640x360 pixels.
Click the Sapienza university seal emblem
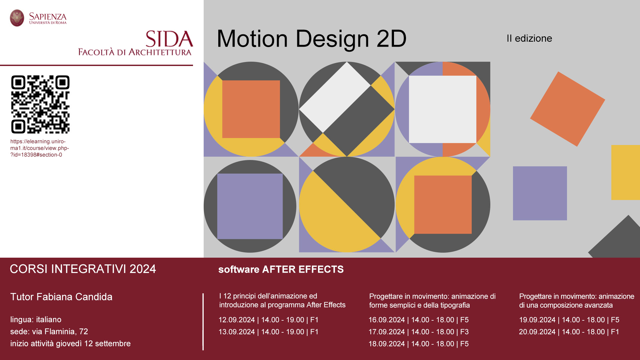[x=17, y=18]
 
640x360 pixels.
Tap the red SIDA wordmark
[x=169, y=39]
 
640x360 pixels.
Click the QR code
[x=40, y=104]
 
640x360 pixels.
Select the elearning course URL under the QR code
[x=40, y=148]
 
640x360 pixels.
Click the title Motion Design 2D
[x=312, y=39]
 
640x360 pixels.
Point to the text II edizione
[x=529, y=38]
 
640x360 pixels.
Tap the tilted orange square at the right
[x=568, y=109]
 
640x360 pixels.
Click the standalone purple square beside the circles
[x=540, y=193]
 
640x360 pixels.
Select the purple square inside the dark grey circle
[x=250, y=206]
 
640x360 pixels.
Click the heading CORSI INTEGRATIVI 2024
[x=83, y=269]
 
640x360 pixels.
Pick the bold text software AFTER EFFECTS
[x=281, y=269]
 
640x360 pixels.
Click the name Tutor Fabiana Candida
[x=61, y=297]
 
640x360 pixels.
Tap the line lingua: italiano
[x=36, y=319]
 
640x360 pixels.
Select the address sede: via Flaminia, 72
[x=49, y=331]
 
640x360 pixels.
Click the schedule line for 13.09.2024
[x=269, y=332]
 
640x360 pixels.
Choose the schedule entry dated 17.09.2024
[x=419, y=332]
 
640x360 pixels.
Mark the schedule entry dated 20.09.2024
[x=569, y=332]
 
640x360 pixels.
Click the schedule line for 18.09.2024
[x=419, y=344]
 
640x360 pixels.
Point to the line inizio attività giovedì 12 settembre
[x=70, y=343]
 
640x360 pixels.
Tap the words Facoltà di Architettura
[x=135, y=52]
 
